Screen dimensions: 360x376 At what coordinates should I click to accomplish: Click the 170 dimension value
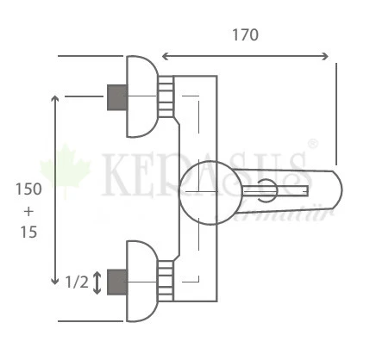click(x=245, y=35)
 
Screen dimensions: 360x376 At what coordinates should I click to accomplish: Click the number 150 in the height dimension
click(x=28, y=189)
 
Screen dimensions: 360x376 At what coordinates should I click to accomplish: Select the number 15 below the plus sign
click(x=28, y=233)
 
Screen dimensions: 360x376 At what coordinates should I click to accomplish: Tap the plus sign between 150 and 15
click(x=28, y=211)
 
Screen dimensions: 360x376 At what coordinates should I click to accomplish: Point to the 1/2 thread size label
click(x=76, y=281)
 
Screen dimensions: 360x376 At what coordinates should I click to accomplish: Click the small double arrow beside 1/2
click(x=97, y=281)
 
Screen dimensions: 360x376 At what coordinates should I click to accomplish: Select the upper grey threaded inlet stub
click(x=116, y=96)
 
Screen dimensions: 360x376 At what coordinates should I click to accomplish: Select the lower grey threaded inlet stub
click(x=116, y=281)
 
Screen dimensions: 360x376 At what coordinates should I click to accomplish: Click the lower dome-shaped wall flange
click(x=140, y=281)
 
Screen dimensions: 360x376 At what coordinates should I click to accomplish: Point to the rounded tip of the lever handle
click(x=335, y=189)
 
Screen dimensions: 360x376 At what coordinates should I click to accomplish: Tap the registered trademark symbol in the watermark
click(x=312, y=144)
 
